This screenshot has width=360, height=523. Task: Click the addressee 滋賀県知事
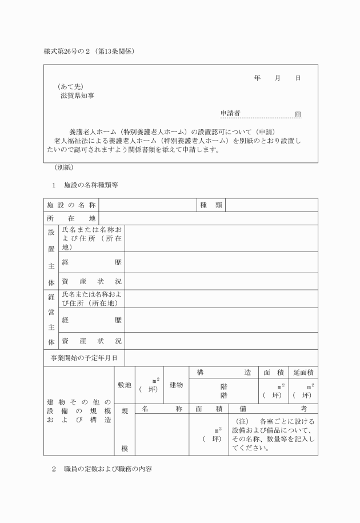78,95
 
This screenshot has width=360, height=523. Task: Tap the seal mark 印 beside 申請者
298,114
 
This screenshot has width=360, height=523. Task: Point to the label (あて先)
70,87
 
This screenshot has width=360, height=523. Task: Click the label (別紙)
63,168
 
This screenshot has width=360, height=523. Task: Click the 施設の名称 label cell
71,205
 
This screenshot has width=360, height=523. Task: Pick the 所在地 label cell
71,218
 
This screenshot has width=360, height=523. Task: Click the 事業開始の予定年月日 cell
84,358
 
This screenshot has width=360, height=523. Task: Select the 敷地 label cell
125,385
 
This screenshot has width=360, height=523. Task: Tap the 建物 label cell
176,385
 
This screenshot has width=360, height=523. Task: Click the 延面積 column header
303,372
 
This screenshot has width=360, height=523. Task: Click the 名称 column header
162,409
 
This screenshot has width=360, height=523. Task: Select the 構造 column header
223,372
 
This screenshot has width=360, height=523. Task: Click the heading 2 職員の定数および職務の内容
102,469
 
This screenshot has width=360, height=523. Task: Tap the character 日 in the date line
298,78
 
